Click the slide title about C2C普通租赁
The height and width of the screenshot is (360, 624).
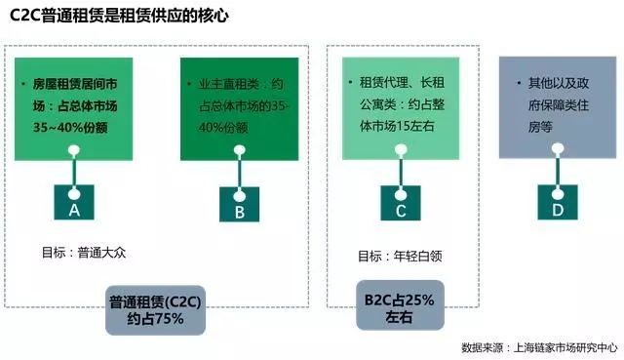[119, 16]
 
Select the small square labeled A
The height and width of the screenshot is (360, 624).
[74, 202]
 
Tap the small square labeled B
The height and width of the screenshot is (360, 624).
[239, 204]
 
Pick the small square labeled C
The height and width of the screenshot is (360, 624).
[401, 203]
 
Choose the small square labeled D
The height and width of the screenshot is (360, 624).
[558, 202]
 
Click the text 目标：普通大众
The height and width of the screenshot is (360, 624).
[84, 253]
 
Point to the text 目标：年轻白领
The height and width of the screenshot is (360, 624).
[400, 256]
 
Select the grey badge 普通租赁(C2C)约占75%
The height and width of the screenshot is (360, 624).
[155, 310]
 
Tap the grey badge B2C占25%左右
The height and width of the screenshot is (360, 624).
[400, 305]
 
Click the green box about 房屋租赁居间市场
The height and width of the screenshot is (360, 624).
[74, 109]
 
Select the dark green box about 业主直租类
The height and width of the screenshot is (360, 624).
[239, 109]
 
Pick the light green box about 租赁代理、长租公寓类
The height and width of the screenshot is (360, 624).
[401, 108]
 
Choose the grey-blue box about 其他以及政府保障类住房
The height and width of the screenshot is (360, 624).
[558, 107]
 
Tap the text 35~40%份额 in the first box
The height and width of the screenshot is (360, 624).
[70, 128]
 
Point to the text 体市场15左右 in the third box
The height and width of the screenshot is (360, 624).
[397, 126]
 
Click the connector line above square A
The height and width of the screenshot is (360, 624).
[74, 172]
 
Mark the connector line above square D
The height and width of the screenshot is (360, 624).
[558, 171]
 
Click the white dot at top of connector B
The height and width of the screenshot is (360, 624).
[240, 150]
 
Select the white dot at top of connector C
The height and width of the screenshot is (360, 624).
[401, 149]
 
